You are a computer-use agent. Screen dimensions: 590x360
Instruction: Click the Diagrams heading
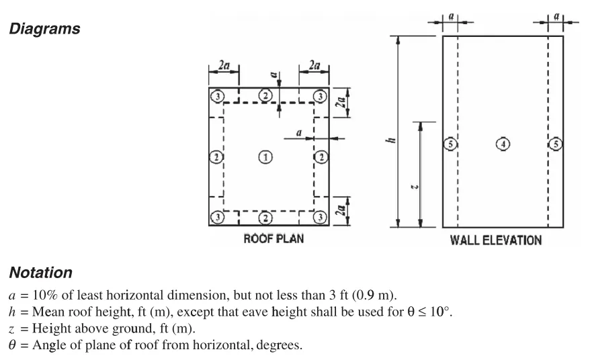click(x=44, y=29)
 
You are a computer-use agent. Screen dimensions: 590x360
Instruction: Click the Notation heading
click(x=40, y=273)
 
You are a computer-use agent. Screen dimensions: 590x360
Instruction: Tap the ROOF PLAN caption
click(x=273, y=239)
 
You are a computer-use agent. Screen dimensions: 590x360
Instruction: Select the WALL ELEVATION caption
click(x=495, y=240)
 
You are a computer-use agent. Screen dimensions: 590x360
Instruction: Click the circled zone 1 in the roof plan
click(x=266, y=157)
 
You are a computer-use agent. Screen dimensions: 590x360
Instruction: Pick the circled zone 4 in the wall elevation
click(x=503, y=144)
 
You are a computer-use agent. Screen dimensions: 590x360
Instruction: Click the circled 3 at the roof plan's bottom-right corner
click(x=321, y=217)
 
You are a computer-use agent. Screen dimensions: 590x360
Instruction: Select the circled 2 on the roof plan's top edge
click(x=266, y=97)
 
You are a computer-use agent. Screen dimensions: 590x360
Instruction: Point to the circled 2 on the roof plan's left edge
click(x=215, y=157)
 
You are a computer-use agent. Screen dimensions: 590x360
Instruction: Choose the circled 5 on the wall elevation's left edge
click(x=450, y=144)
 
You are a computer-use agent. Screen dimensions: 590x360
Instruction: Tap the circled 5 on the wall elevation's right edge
click(x=556, y=144)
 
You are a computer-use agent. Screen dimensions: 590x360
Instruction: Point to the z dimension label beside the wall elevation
click(x=414, y=186)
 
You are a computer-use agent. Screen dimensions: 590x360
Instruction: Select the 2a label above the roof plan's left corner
click(x=223, y=66)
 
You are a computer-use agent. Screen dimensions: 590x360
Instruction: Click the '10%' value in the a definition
click(x=40, y=295)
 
